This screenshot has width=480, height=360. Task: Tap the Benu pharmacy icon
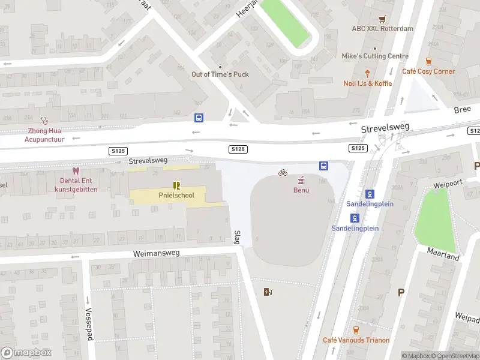301,179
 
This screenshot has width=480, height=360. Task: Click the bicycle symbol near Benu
283,172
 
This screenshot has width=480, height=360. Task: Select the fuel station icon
268,292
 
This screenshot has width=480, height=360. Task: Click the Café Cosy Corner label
428,71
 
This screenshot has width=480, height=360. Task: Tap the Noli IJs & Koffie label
368,83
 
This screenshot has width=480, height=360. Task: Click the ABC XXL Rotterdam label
382,29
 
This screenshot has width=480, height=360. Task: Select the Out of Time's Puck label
220,74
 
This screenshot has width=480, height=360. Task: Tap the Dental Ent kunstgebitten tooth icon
75,170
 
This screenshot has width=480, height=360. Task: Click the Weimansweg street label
157,254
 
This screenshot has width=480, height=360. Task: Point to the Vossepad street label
89,324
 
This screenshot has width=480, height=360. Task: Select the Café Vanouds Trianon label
356,340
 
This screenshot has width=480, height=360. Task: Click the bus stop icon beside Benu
323,166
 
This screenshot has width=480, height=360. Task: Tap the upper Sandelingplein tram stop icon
370,194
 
